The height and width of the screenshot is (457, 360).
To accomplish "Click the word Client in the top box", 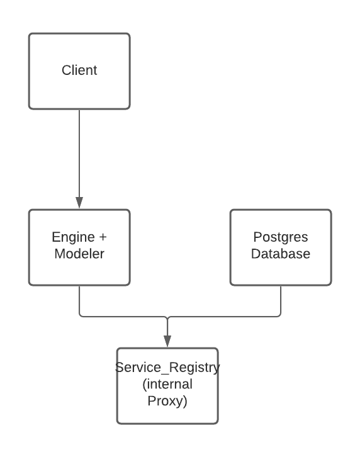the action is pyautogui.click(x=79, y=71).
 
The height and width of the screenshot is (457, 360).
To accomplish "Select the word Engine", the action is pyautogui.click(x=73, y=237).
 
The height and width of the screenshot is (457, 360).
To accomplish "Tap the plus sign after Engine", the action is pyautogui.click(x=103, y=237).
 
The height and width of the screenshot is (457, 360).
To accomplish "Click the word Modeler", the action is pyautogui.click(x=79, y=254).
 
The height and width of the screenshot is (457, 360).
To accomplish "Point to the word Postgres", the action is pyautogui.click(x=281, y=237).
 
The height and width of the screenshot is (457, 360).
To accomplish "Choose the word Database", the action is pyautogui.click(x=281, y=254).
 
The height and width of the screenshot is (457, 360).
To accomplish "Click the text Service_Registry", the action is pyautogui.click(x=167, y=368).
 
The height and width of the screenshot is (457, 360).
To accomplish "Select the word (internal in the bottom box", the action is pyautogui.click(x=167, y=384).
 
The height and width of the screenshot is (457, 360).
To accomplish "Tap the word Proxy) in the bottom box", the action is pyautogui.click(x=167, y=401).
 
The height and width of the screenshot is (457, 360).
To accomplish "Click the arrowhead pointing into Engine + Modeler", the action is pyautogui.click(x=79, y=203).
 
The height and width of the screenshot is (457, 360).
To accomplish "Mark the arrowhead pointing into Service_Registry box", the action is pyautogui.click(x=167, y=341).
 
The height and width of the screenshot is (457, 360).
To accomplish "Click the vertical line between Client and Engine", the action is pyautogui.click(x=79, y=154).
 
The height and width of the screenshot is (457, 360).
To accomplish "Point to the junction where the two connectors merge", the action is pyautogui.click(x=167, y=318).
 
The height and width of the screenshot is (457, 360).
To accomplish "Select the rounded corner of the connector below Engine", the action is pyautogui.click(x=81, y=315).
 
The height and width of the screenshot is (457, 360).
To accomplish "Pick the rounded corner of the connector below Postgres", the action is pyautogui.click(x=279, y=315).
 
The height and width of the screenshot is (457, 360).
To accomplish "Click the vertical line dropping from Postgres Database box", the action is pyautogui.click(x=281, y=300).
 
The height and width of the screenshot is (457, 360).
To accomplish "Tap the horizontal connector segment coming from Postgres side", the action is pyautogui.click(x=224, y=316).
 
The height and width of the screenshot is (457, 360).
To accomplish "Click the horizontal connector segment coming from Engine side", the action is pyautogui.click(x=123, y=316).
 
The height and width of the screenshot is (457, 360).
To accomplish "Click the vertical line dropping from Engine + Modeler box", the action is pyautogui.click(x=79, y=300).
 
